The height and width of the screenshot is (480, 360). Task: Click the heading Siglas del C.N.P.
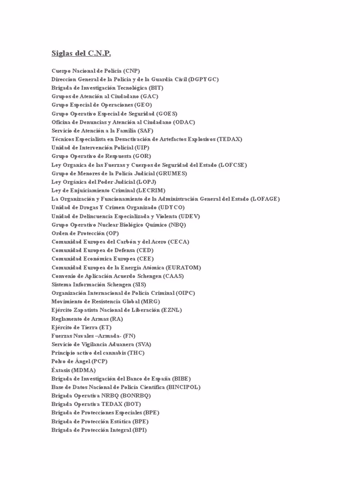81,53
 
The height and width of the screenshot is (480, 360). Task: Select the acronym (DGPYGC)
203,79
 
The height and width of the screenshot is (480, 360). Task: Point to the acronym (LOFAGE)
265,199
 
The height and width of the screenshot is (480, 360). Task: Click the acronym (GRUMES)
172,173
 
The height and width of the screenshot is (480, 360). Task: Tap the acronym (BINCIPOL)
185,387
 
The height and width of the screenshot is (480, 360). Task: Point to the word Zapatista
88,310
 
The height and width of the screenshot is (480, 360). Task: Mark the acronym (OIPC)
186,293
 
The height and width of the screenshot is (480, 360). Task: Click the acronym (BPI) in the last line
139,430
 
